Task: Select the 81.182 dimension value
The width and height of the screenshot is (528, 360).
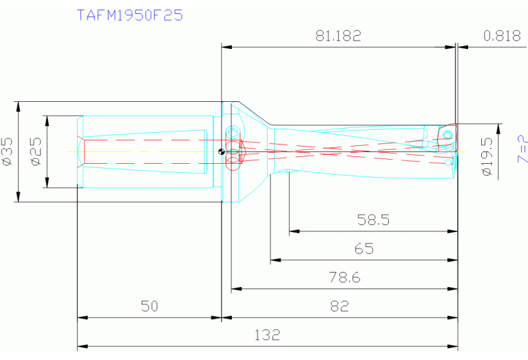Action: coord(338,36)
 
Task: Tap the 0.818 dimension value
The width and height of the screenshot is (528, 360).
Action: coord(502,36)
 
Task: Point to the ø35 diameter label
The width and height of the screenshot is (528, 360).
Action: coord(8,151)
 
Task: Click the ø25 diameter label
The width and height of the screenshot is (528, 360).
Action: coord(36,151)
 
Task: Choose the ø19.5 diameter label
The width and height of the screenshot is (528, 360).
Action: coord(487,156)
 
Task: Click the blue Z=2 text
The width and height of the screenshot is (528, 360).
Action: coord(522,149)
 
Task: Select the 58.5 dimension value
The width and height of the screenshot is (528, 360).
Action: coord(373,220)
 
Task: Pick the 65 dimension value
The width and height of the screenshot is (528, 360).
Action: coord(363,249)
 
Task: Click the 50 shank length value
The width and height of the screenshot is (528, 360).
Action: coord(149,306)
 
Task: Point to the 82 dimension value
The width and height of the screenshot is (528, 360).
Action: coord(339,306)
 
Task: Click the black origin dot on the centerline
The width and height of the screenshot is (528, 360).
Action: coord(221,152)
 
